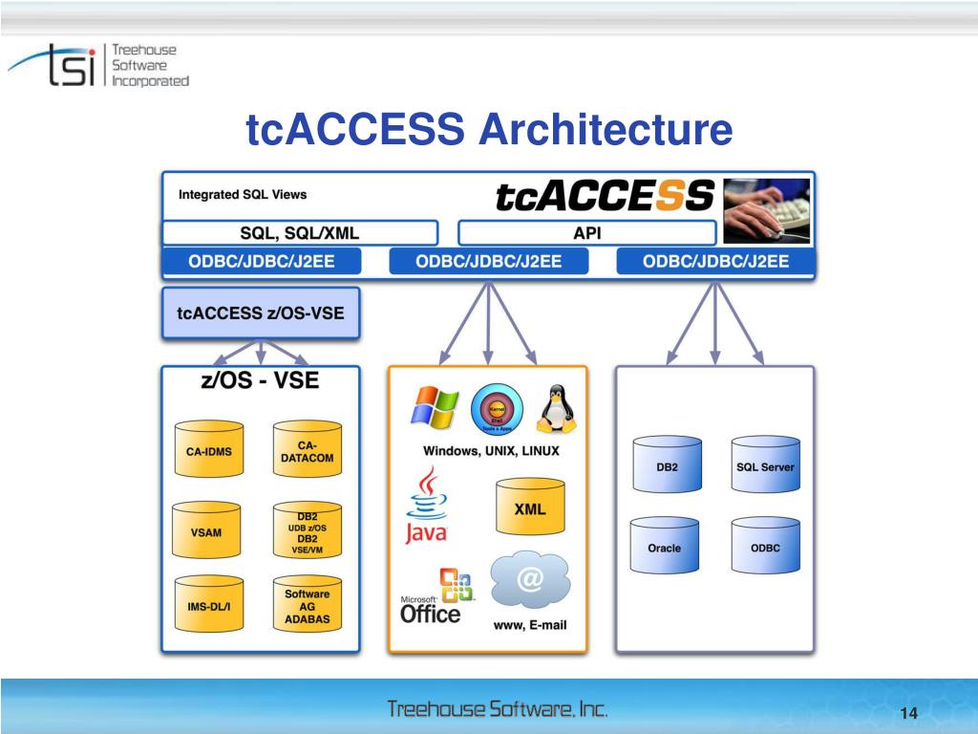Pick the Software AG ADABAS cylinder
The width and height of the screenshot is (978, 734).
tap(307, 606)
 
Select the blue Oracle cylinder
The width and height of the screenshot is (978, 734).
tap(664, 548)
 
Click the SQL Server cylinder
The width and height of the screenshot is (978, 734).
tap(765, 466)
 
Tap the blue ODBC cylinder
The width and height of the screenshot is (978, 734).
tap(765, 548)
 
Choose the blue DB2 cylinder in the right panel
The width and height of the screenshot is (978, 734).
tap(666, 466)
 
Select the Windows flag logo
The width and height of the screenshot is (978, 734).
tap(435, 406)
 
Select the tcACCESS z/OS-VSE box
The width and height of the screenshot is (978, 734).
tap(261, 313)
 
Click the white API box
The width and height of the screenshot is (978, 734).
tap(586, 232)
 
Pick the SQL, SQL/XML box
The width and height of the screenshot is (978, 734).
tap(299, 232)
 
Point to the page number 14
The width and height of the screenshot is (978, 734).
tap(907, 716)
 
